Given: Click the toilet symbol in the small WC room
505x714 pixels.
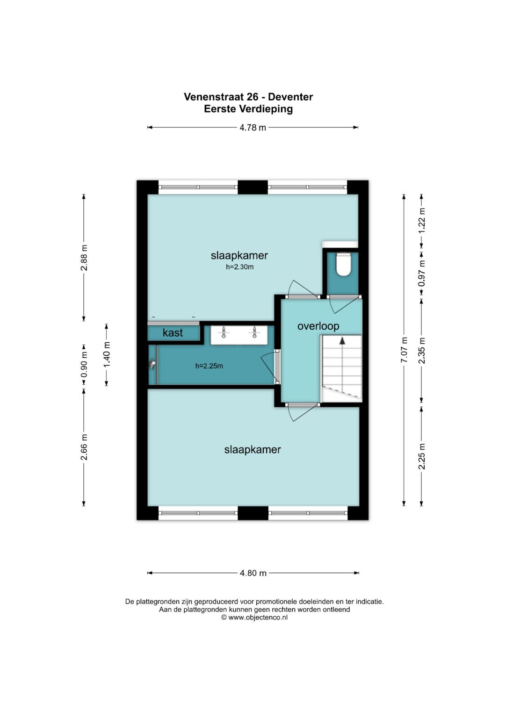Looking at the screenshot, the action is (x=343, y=264).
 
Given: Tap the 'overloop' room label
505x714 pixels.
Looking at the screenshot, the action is (x=318, y=326).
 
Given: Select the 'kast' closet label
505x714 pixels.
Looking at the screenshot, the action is (x=173, y=333).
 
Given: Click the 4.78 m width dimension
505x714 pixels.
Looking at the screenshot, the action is (x=252, y=128).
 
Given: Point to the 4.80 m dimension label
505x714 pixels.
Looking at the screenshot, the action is (x=253, y=573).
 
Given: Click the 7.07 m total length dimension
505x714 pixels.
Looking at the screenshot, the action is (x=404, y=350).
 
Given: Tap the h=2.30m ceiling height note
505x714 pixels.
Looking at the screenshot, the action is (x=240, y=267).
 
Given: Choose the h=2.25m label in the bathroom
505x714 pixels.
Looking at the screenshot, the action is (x=209, y=366).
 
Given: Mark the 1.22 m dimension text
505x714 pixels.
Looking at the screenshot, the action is (x=422, y=221).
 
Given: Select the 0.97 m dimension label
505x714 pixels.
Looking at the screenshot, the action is (x=422, y=273).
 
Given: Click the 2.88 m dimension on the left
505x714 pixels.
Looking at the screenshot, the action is (x=84, y=258).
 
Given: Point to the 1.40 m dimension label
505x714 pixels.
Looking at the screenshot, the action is (x=107, y=354).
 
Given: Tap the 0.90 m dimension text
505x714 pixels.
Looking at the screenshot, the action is (x=84, y=364).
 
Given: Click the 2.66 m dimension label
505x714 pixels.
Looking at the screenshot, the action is (x=84, y=447).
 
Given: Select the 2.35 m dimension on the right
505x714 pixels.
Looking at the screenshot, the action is (x=422, y=351).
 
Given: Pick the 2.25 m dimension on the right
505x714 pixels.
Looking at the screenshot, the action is (x=422, y=456).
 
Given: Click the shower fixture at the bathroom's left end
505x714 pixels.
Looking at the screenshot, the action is (x=153, y=365).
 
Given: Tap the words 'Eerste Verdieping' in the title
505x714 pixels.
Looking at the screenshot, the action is (x=248, y=109).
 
